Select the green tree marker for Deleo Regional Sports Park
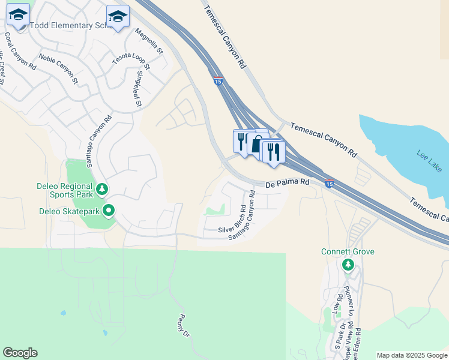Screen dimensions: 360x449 point(102,190)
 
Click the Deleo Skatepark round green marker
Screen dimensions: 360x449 point(109,211)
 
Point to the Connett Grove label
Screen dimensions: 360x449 point(348,251)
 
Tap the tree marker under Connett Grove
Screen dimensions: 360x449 point(348,265)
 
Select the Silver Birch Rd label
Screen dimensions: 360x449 point(232,221)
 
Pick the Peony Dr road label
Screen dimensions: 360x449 point(184,326)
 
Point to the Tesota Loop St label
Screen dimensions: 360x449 point(129,57)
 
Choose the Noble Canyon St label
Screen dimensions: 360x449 point(58,68)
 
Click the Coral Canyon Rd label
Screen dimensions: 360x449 point(20,52)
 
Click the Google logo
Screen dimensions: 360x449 point(20,353)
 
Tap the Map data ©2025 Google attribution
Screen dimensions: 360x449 point(412,355)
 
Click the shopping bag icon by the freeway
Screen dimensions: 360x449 point(258,145)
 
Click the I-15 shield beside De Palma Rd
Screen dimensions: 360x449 point(328,182)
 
